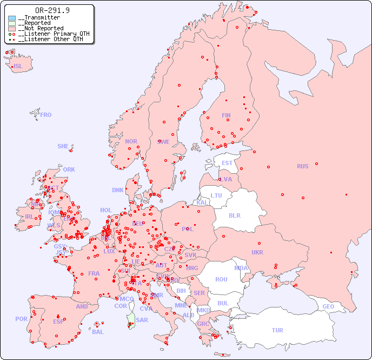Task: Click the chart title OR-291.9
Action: (52, 10)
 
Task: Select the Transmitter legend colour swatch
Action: (12, 18)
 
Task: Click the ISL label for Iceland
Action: (18, 67)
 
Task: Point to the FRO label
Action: (46, 115)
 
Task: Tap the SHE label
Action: (63, 146)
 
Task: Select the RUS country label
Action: (302, 166)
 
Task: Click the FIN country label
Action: (226, 115)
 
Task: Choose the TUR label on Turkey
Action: (277, 330)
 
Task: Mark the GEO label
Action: (328, 306)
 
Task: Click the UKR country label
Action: (257, 252)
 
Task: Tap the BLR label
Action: (235, 215)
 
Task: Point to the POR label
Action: (21, 319)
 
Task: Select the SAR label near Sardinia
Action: (142, 320)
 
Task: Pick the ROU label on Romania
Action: (221, 279)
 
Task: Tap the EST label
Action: (227, 163)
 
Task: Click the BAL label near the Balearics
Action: (97, 332)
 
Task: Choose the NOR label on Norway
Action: (131, 141)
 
